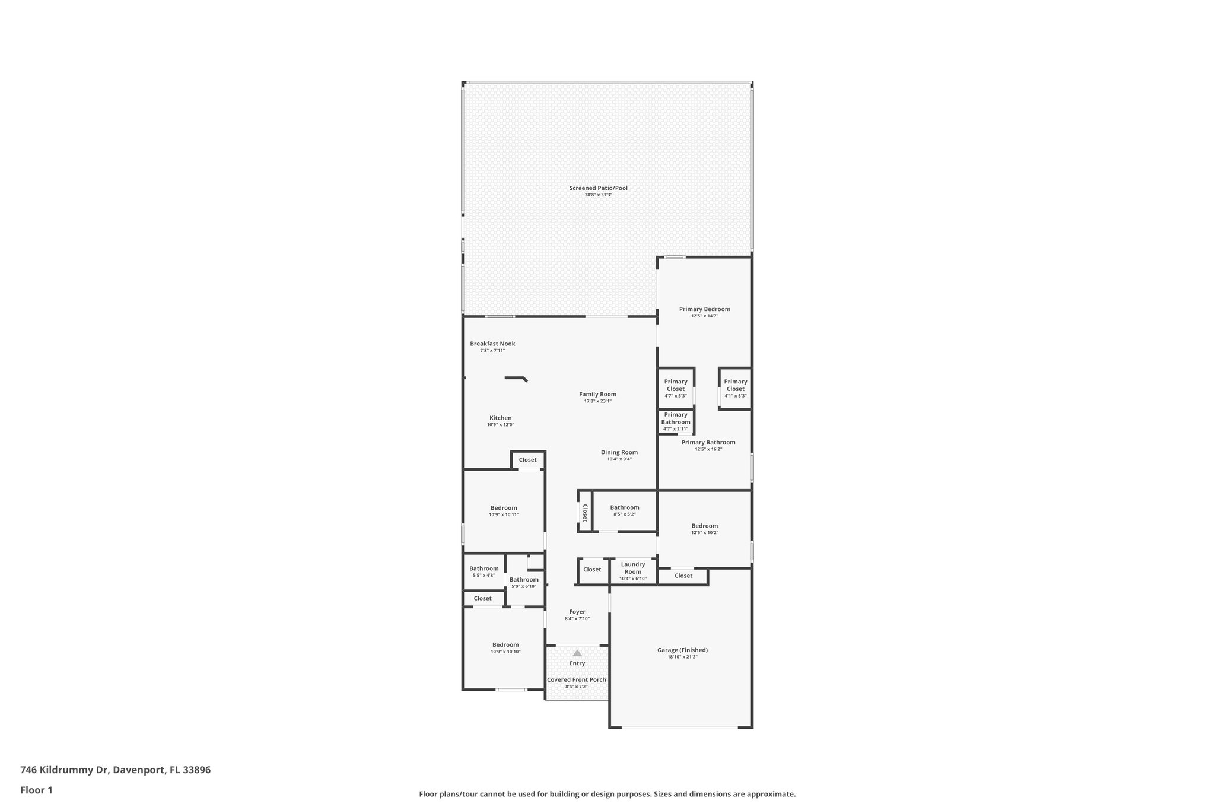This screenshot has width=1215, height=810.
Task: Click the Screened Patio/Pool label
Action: point(598,188)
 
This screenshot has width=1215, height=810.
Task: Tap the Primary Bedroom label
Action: point(704,309)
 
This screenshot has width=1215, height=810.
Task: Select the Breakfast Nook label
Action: point(492,344)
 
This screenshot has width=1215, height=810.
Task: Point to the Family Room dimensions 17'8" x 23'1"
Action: point(597,401)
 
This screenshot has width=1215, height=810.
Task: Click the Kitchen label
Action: point(500,418)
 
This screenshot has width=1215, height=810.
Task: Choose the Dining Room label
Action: point(619,452)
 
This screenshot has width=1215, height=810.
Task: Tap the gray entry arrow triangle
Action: point(577,653)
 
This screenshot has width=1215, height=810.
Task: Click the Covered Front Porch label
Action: point(577,680)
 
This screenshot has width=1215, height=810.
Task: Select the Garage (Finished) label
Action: point(682,650)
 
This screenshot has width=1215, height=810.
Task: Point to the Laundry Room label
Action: point(633,568)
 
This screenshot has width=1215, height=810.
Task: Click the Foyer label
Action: point(577,612)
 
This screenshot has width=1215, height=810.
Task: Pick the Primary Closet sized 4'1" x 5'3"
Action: point(735,389)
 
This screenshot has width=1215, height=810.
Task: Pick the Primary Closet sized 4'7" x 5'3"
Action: point(676,389)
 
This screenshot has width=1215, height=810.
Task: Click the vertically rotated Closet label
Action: point(585,513)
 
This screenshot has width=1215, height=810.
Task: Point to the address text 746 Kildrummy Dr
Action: point(64,770)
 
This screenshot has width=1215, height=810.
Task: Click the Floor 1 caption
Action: point(36,790)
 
